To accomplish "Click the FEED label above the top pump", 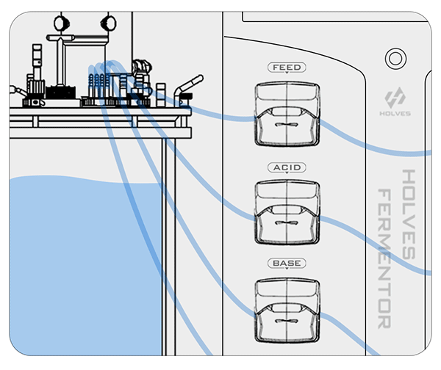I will pyautogui.click(x=286, y=68).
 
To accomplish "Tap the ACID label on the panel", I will pyautogui.click(x=286, y=168).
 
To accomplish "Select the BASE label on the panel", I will pyautogui.click(x=286, y=263).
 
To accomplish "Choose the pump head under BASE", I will pyautogui.click(x=286, y=308).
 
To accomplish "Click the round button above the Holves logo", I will pyautogui.click(x=396, y=58).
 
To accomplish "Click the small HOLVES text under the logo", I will pyautogui.click(x=395, y=114).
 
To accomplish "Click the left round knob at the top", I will pyautogui.click(x=61, y=22).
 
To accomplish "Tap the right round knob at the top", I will pyautogui.click(x=109, y=21).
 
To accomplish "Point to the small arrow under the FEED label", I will pyautogui.click(x=286, y=75).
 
